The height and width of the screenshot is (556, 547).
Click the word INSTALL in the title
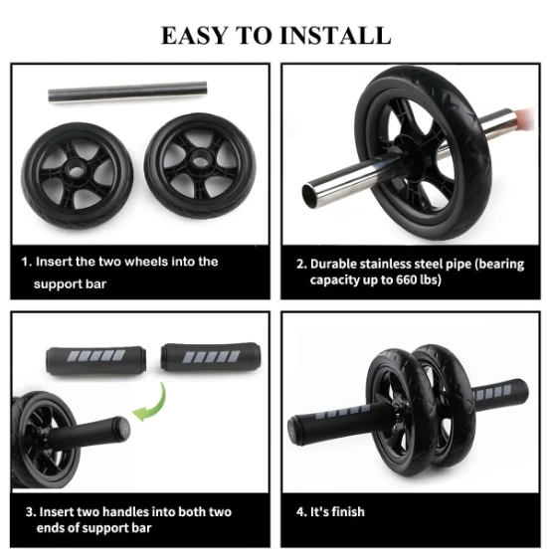(331, 35)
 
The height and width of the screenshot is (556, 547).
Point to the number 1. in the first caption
(25, 262)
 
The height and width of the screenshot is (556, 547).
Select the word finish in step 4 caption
(347, 512)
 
